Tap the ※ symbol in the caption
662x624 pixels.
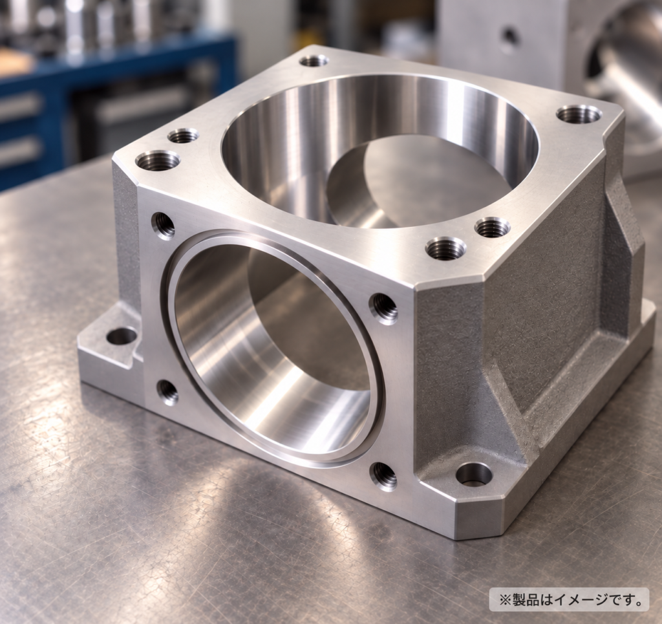tap(504, 599)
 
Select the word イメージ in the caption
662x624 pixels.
tap(581, 599)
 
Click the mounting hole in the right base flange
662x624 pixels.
tap(474, 475)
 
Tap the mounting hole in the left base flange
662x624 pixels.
tap(121, 336)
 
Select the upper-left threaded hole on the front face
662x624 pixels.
tap(162, 224)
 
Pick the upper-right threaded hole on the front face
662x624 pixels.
tap(383, 308)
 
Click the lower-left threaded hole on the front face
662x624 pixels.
tap(167, 393)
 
